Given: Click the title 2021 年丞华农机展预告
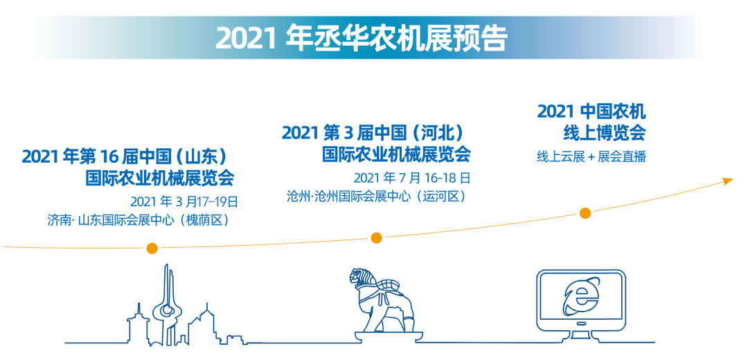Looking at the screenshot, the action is [360, 38].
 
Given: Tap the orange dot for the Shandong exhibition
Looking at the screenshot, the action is [152, 249].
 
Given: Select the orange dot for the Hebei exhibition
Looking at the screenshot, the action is [376, 237].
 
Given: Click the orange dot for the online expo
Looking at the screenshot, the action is [585, 213].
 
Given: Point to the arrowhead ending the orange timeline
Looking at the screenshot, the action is [727, 181].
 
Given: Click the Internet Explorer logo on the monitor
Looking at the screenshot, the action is [580, 298].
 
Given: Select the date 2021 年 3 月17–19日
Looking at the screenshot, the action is [184, 201].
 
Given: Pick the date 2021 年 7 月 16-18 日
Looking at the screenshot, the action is [412, 179].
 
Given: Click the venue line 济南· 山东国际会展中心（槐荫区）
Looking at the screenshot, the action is [139, 220].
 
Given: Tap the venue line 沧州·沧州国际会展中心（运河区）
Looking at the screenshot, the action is [376, 197].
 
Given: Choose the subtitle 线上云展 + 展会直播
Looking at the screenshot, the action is [591, 156].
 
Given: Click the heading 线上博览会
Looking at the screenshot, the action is [605, 133].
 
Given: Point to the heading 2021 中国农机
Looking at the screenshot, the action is [591, 111].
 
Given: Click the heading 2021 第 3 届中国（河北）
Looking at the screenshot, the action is [373, 132].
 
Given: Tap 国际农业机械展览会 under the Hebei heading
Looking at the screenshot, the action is [396, 154].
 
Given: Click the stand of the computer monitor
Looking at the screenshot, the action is [580, 327].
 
